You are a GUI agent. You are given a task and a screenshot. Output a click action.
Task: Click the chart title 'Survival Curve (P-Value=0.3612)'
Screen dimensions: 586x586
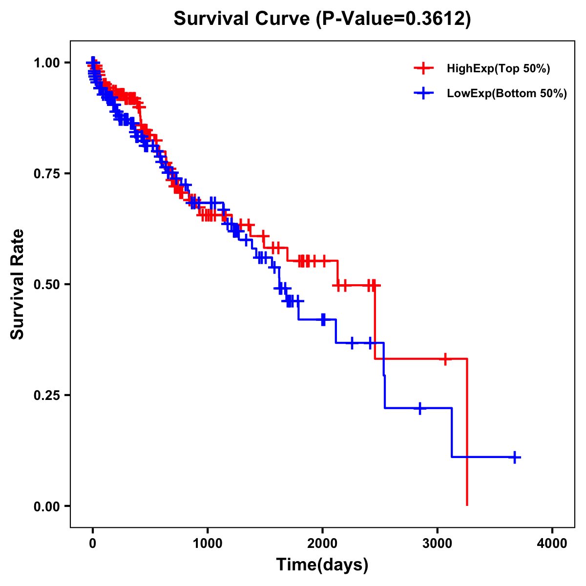tap(322, 19)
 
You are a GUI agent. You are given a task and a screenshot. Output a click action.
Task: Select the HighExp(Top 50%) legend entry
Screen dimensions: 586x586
tap(498, 69)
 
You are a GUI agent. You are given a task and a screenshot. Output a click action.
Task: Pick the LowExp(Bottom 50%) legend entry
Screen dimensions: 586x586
tap(506, 93)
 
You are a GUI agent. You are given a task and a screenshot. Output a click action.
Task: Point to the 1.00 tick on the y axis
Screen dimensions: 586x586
tap(46, 63)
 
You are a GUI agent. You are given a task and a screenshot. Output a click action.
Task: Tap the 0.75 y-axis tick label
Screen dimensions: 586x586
tap(46, 173)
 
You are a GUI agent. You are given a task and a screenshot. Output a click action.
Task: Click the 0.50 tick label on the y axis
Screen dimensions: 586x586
tap(46, 284)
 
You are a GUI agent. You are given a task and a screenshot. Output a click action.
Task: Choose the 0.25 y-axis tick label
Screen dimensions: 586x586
tap(46, 395)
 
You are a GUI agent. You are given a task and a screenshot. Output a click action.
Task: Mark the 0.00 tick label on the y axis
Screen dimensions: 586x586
tap(46, 506)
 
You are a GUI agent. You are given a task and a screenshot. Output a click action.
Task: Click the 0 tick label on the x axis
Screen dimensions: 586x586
tap(93, 544)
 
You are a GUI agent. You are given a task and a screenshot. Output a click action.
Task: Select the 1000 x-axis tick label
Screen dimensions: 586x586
tap(208, 544)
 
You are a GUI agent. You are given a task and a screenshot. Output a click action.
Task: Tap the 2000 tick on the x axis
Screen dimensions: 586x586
tap(322, 544)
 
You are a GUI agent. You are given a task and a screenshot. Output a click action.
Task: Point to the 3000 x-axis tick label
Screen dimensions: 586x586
tap(438, 544)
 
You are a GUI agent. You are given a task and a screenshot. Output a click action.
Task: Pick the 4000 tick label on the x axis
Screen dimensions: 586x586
tap(552, 544)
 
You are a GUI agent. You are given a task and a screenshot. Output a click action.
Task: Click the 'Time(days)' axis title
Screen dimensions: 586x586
tap(322, 565)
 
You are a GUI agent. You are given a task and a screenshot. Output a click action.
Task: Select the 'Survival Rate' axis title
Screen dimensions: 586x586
tap(18, 284)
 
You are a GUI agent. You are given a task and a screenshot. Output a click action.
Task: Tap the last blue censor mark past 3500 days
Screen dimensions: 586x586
tap(515, 457)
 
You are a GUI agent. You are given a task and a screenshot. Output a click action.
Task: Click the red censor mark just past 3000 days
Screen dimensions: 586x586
tap(445, 359)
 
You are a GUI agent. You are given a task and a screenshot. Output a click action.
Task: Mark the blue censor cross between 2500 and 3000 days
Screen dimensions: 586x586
tap(419, 408)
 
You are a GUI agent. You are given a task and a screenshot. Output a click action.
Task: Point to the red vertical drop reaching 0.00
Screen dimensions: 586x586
tap(467, 439)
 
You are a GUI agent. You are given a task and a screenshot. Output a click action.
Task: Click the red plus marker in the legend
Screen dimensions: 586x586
tap(424, 69)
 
